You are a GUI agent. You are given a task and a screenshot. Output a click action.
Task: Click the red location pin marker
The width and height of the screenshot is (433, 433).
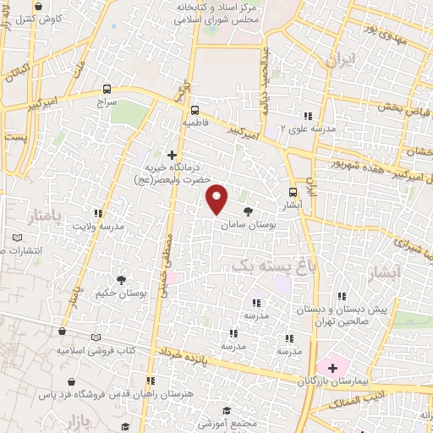click(216, 199)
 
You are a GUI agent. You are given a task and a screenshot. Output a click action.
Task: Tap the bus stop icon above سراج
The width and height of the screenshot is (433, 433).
click(107, 89)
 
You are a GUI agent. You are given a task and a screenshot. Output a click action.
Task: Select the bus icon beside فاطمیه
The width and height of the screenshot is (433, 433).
click(195, 110)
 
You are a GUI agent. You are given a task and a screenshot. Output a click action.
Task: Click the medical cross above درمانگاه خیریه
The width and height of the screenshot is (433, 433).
click(173, 155)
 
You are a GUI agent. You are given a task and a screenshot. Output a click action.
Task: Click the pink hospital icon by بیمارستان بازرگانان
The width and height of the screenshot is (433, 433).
click(332, 368)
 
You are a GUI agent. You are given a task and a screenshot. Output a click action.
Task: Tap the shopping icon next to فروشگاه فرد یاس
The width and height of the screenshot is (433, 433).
click(79, 381)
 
